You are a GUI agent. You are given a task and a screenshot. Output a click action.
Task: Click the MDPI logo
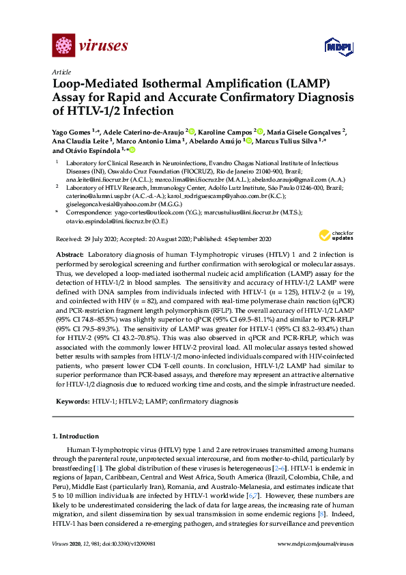(x=332, y=47)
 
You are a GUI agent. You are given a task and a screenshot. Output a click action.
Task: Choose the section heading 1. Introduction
(x=76, y=436)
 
